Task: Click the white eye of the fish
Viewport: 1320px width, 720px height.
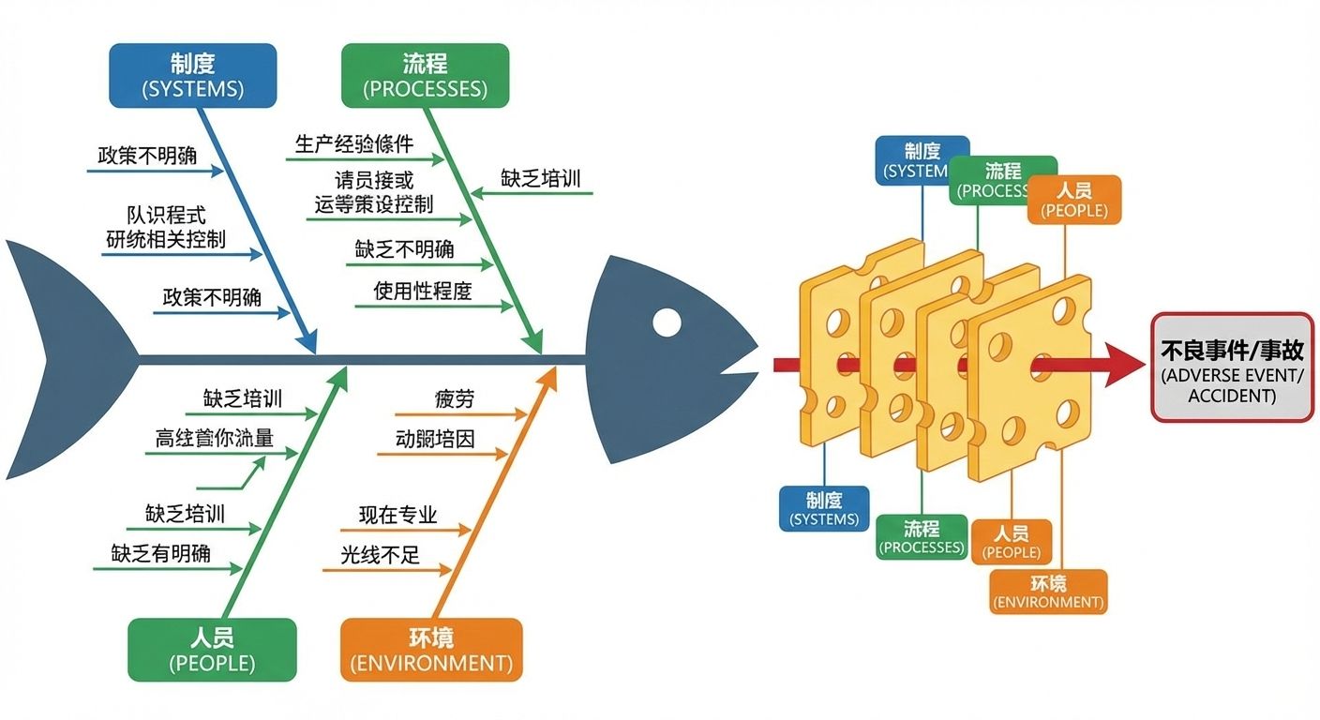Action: point(667,322)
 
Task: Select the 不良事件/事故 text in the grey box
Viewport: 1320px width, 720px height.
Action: point(1232,351)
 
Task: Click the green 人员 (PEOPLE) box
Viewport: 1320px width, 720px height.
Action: point(212,649)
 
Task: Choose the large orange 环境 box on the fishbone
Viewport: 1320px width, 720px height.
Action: point(431,649)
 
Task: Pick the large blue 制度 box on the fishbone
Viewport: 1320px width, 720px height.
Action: point(193,75)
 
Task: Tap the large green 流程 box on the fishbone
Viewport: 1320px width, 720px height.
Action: point(425,75)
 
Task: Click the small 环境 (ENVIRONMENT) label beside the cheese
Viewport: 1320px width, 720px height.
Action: point(1048,592)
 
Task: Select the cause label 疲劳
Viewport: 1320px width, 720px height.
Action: point(455,398)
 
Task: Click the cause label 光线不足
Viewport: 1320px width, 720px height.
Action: point(380,555)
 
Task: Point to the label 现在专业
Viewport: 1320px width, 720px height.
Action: point(397,516)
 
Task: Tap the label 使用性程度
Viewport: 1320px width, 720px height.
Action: point(423,291)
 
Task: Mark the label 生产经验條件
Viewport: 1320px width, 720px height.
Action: point(353,143)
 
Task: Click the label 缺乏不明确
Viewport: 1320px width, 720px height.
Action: point(404,249)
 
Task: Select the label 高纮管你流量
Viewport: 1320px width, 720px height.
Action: point(214,438)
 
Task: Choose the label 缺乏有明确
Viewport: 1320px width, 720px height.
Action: point(160,553)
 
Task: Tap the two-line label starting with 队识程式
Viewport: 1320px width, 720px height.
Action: point(166,227)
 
